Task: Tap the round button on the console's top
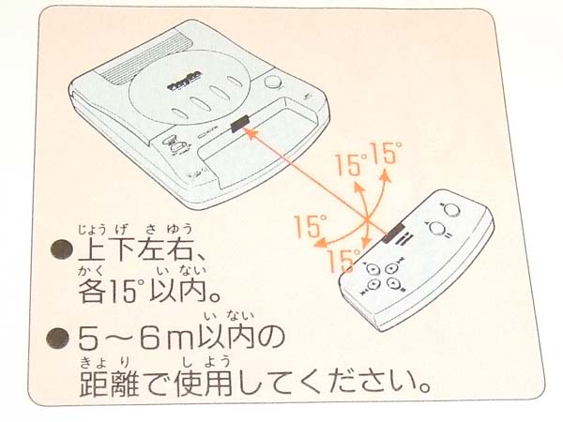click(277, 81)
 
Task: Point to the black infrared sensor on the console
click(240, 123)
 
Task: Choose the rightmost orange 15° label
click(385, 151)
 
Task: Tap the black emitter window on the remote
click(393, 229)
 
